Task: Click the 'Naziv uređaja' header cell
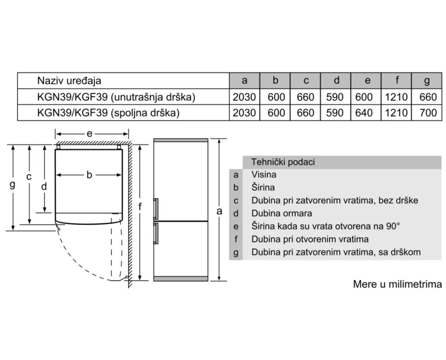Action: [x=69, y=81]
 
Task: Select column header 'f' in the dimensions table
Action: [x=397, y=81]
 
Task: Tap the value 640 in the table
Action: [x=366, y=113]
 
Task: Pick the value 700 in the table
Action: [x=427, y=113]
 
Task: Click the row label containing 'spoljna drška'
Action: [x=109, y=113]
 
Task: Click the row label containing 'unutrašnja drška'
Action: [x=116, y=97]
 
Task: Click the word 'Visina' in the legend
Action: [x=264, y=175]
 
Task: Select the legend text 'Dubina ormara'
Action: [x=282, y=213]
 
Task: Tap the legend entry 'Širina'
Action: [x=263, y=187]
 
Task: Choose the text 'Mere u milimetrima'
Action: [x=397, y=284]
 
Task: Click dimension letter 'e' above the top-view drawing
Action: [x=89, y=133]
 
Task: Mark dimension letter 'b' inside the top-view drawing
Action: [x=89, y=175]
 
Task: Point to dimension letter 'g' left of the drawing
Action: [x=12, y=184]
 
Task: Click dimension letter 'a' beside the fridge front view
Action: [x=219, y=211]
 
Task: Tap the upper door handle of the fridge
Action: [x=156, y=208]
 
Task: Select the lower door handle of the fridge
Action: [x=156, y=234]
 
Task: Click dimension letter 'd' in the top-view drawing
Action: [x=44, y=187]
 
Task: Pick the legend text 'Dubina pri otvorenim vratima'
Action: [x=310, y=239]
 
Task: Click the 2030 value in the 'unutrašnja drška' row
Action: [x=244, y=97]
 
